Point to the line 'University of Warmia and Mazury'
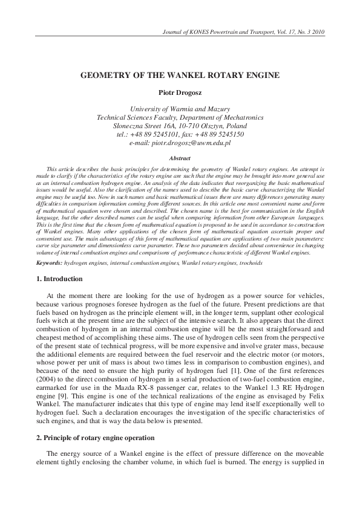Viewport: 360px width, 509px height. (x=180, y=109)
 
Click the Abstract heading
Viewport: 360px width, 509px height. (x=180, y=158)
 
